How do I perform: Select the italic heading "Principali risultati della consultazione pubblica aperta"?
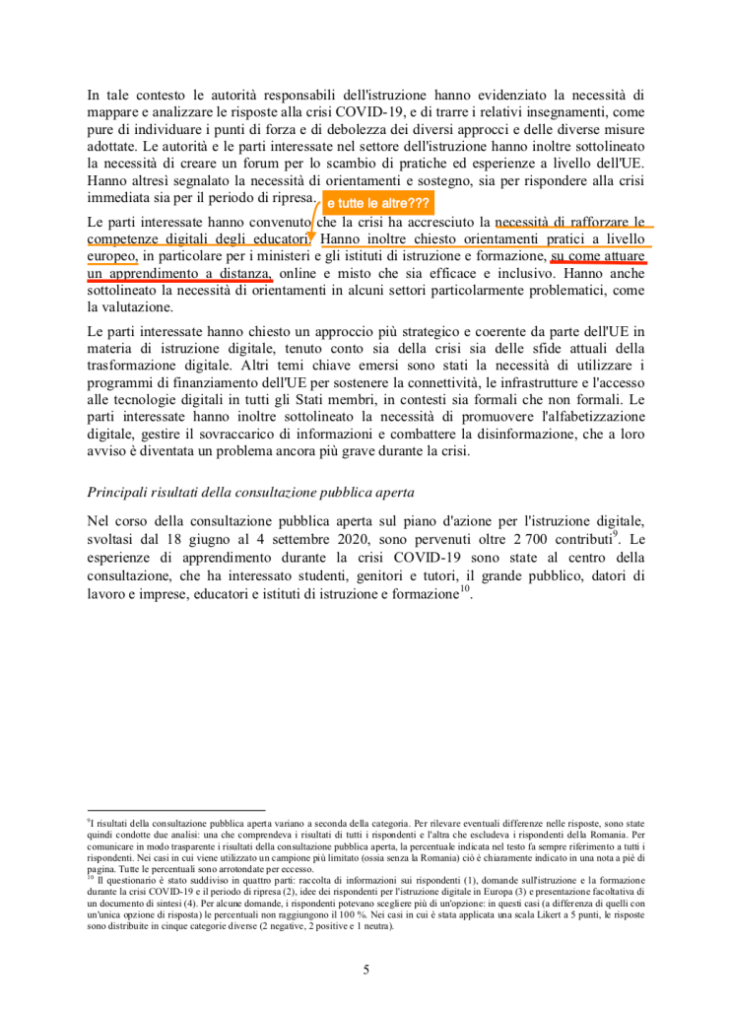click(251, 492)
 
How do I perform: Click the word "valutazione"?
click(131, 307)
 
